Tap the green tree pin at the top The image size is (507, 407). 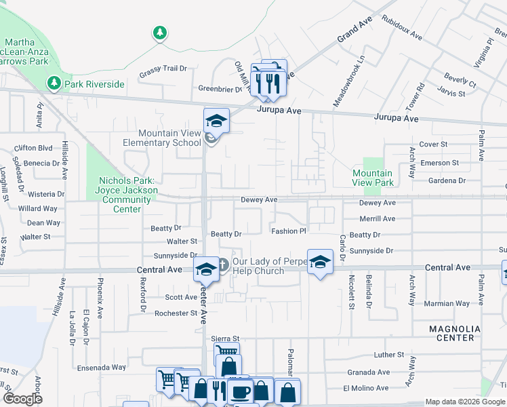coord(159,32)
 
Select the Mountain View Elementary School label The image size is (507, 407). coord(162,138)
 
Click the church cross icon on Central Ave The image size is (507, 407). coord(224,262)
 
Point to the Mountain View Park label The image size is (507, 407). coord(373,178)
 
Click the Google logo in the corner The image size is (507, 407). coord(23,398)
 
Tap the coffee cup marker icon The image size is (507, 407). coord(239,391)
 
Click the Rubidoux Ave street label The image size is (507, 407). coord(401,27)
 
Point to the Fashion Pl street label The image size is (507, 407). coord(289,231)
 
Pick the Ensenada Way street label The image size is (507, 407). coord(101,367)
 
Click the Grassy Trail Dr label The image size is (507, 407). coord(163,69)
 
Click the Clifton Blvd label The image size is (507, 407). coord(33,148)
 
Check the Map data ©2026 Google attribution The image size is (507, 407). coord(465,402)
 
